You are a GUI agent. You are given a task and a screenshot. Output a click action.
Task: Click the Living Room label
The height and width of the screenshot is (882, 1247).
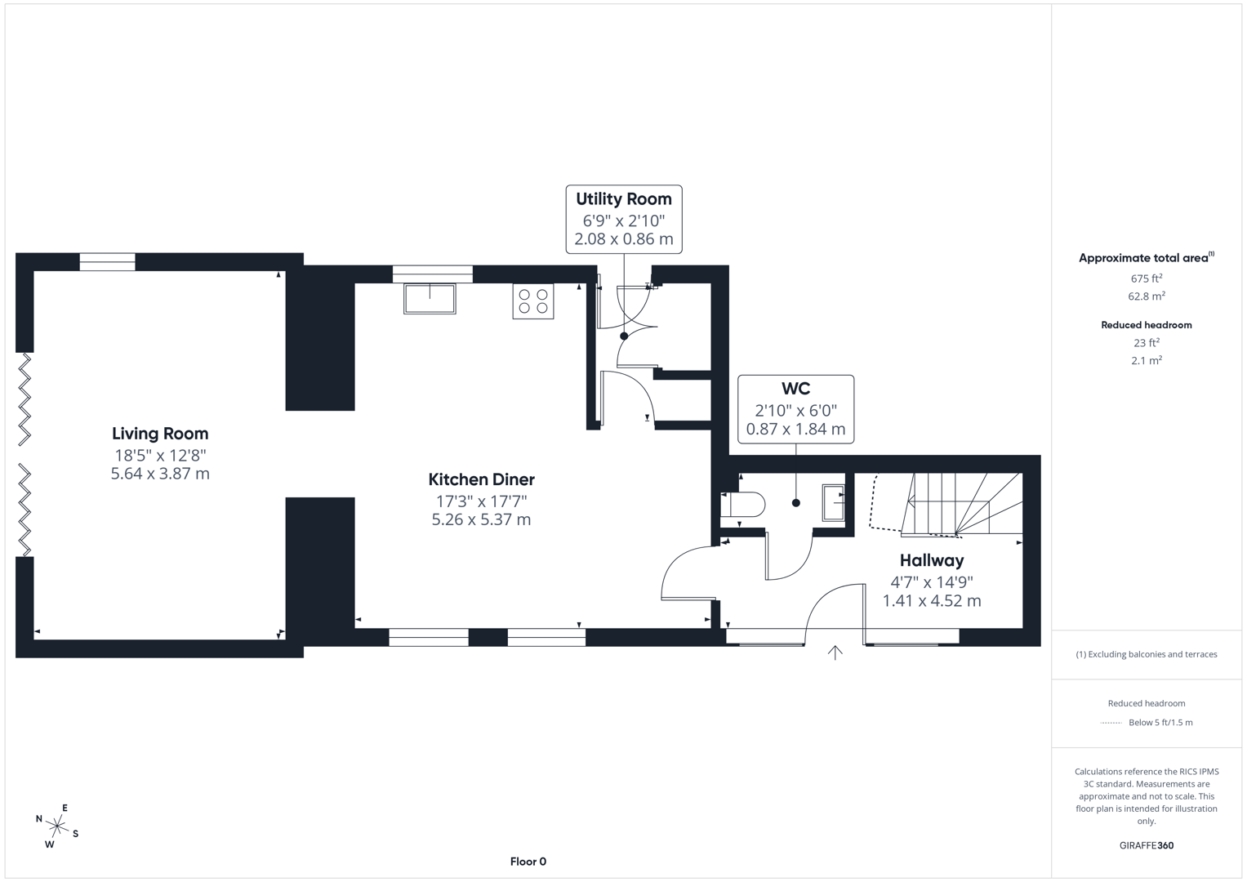tap(160, 434)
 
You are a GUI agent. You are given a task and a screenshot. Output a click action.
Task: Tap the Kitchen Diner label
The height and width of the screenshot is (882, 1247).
tap(481, 479)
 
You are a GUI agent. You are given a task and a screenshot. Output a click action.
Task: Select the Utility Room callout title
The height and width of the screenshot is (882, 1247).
tap(623, 198)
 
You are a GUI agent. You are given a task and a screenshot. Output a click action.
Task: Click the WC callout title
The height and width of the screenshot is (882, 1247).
tap(795, 389)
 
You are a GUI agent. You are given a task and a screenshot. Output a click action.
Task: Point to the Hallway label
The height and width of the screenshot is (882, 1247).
tap(931, 560)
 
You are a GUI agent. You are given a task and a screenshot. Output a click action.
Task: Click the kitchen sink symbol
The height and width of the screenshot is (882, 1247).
tap(430, 298)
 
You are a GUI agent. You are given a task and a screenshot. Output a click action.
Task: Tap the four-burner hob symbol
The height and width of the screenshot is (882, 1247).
tap(532, 301)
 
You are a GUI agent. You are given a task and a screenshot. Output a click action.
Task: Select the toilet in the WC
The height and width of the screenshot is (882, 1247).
tap(744, 505)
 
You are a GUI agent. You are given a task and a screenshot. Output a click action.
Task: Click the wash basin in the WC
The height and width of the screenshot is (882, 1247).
tap(834, 502)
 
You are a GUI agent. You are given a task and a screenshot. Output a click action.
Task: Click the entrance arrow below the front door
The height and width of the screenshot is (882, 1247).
tap(835, 652)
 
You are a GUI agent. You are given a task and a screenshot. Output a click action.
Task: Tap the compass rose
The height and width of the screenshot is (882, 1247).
tap(57, 827)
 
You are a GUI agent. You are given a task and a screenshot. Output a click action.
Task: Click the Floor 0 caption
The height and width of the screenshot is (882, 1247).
tap(528, 862)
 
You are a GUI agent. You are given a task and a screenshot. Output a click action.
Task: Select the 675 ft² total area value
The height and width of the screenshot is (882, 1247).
tap(1146, 278)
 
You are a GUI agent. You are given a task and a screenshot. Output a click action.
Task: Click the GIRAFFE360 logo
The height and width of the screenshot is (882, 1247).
tap(1146, 845)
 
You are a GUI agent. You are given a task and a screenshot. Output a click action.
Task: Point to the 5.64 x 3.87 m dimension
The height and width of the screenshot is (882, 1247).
tap(160, 474)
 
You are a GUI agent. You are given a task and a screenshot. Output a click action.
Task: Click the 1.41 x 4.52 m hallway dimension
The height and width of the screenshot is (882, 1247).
tap(931, 601)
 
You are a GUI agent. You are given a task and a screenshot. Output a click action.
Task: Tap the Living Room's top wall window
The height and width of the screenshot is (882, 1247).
tap(107, 262)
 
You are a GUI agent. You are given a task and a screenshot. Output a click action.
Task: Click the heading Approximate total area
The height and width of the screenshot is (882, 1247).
tap(1143, 258)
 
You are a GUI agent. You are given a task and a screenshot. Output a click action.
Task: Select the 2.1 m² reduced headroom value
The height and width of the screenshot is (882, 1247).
tap(1146, 360)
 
